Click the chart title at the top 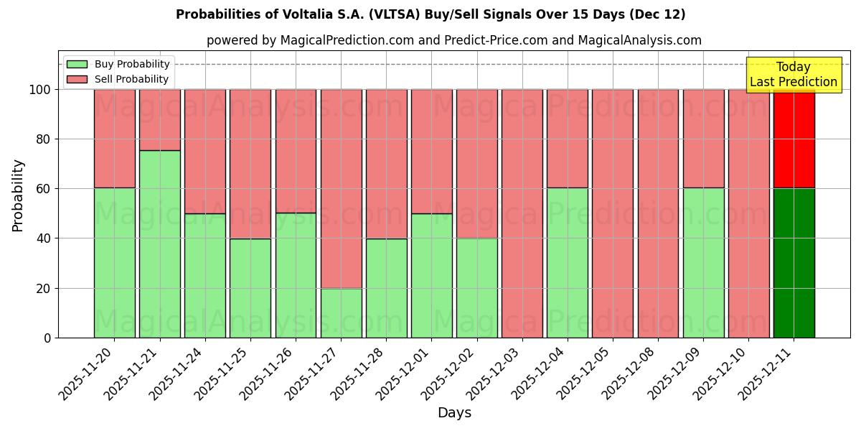430,14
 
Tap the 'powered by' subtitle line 453,40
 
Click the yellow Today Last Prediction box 793,75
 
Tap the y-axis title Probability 18,195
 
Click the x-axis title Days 454,413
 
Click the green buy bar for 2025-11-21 159,244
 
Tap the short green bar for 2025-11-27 341,313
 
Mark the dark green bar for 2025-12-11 794,263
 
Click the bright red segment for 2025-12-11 794,139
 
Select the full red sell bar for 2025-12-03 522,213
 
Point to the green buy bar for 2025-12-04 568,263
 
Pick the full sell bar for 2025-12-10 748,213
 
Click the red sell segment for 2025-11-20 114,139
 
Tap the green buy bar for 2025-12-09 703,263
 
